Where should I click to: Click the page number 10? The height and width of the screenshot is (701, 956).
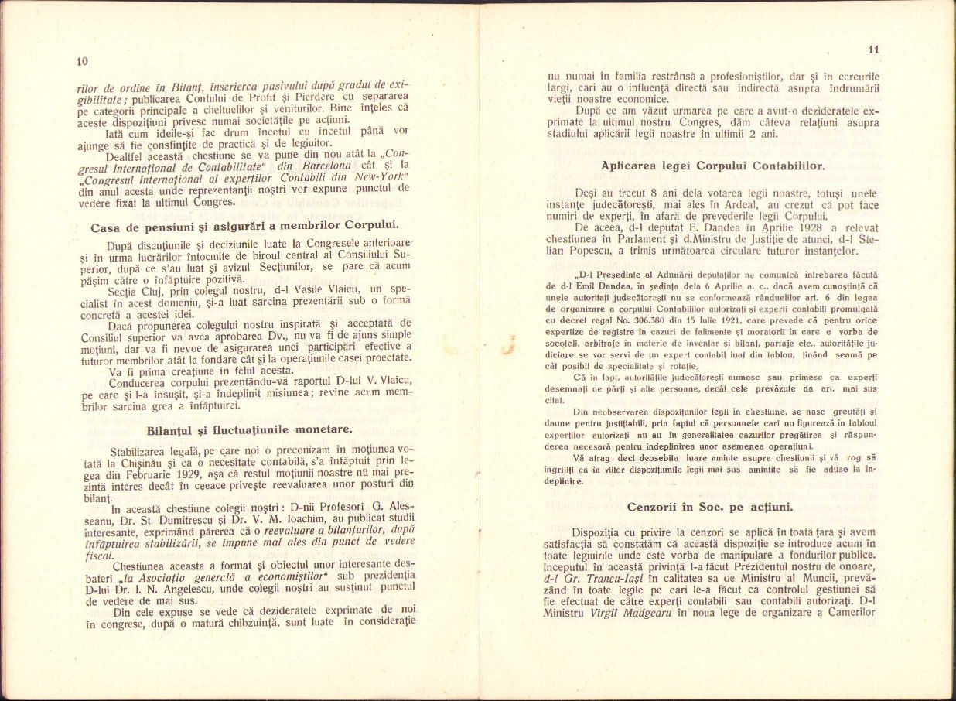click(83, 61)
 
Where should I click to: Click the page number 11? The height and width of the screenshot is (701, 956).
click(873, 50)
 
